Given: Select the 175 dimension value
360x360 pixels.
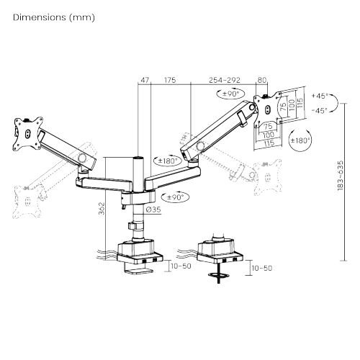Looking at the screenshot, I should pos(170,81).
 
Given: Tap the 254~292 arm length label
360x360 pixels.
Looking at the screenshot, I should pos(223,81).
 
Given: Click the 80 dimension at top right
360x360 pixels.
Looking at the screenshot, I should pos(261,81).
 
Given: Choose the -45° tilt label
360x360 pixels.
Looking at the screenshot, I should pos(320,110).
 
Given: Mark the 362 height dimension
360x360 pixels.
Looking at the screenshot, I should pos(102,208).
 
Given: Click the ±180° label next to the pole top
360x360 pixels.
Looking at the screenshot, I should pos(170,161).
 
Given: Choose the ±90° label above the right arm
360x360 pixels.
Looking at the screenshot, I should pos(230,94).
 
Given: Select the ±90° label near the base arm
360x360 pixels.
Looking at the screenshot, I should pos(176,197).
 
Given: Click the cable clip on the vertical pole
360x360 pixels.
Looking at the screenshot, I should pos(134,226).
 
